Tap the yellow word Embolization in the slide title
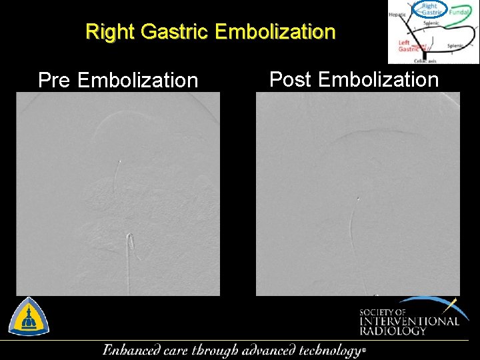click(275, 31)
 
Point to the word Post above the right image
click(291, 80)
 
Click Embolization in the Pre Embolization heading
click(138, 81)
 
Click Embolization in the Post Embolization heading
click(378, 80)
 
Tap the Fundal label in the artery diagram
click(459, 12)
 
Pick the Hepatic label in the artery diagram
click(397, 13)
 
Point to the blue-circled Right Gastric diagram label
click(429, 9)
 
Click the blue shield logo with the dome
click(29, 316)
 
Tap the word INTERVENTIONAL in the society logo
click(409, 321)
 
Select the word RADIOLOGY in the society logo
click(393, 331)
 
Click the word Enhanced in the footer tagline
click(131, 350)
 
